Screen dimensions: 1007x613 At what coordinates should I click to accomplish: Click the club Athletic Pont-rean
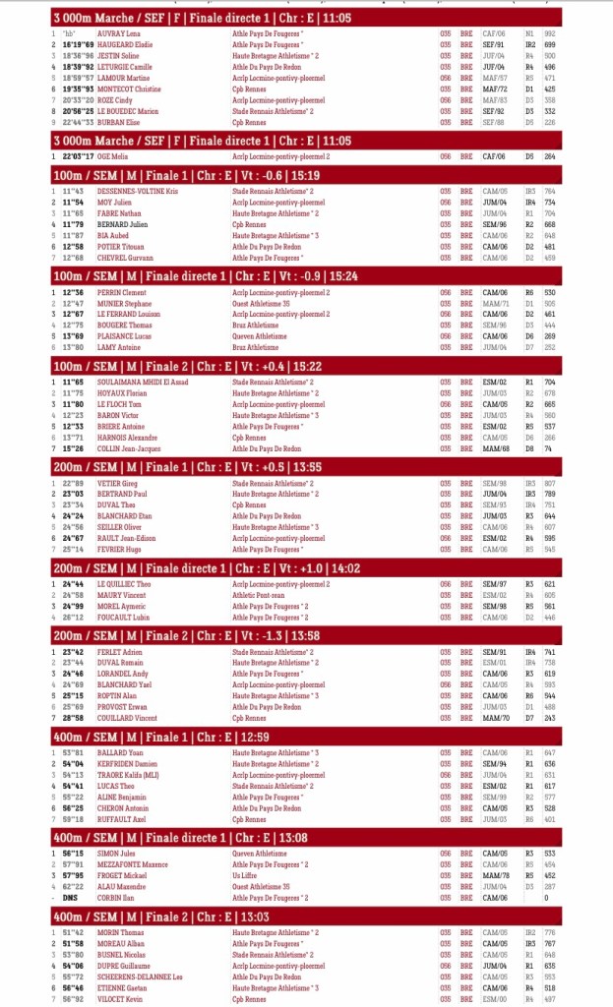tap(257, 595)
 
